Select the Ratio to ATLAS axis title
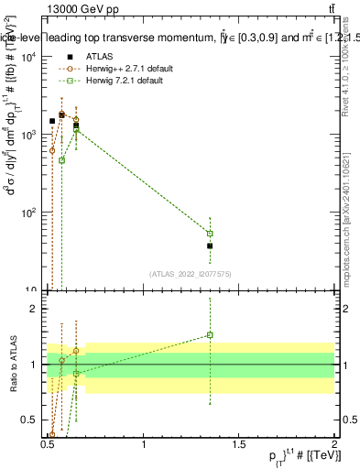coord(14,364)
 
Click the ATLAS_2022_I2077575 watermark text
coord(191,273)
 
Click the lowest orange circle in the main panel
coord(52,150)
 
